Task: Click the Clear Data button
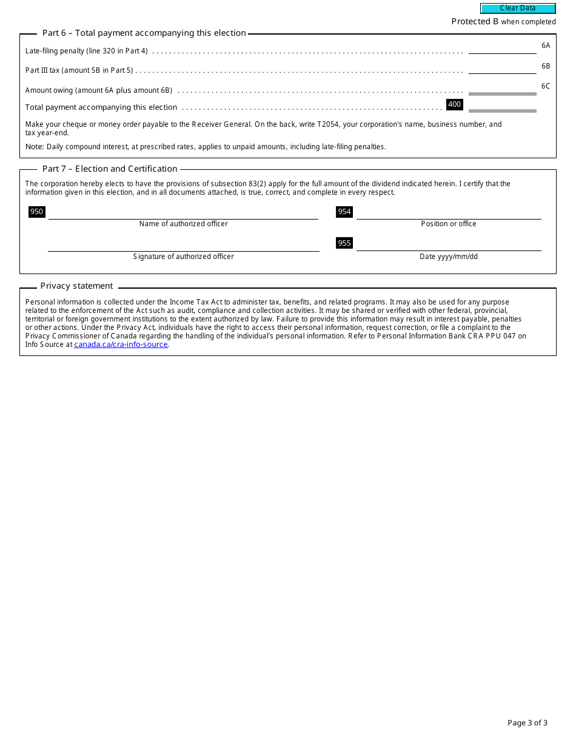coord(518,8)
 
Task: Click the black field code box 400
coord(454,104)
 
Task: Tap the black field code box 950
coord(37,212)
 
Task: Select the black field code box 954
coord(344,212)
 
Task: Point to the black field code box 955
coord(344,243)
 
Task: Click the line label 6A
coord(546,45)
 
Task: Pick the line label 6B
coord(546,66)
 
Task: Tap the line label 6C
coord(546,86)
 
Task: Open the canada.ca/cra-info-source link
coord(121,344)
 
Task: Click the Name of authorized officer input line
coord(183,213)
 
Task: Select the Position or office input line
coord(449,213)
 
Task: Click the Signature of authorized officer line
coord(183,245)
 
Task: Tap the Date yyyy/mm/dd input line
coord(449,244)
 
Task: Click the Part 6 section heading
coord(144,33)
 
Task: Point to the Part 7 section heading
coord(110,169)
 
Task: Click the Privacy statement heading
coord(76,286)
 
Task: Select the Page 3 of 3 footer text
coord(527,722)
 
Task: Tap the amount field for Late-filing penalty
coord(502,48)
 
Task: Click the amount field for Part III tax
coord(502,68)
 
